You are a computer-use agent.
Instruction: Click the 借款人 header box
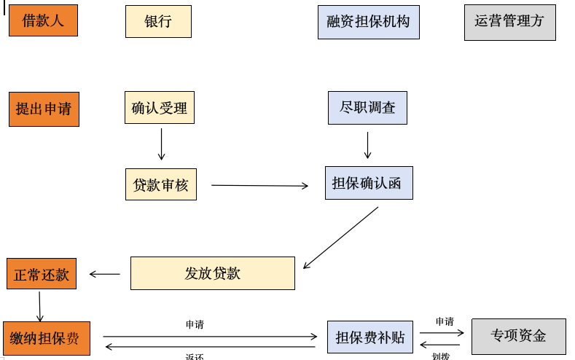43,20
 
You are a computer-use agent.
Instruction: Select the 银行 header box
158,22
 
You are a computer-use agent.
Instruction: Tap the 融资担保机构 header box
368,22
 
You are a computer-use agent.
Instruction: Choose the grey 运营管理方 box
509,22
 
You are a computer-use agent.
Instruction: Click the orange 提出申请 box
44,109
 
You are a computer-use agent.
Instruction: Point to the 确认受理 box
160,108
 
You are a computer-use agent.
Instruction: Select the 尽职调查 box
367,108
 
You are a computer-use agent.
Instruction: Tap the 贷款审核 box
160,184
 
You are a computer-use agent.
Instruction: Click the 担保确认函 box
368,183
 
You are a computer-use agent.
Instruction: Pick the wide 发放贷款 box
212,273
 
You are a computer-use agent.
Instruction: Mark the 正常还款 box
42,274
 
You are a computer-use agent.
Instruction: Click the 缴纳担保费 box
46,338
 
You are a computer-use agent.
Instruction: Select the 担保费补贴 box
369,337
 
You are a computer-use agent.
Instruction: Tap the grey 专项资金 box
518,336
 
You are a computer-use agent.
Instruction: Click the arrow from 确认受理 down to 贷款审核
161,144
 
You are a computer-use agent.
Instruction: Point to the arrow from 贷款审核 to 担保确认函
259,186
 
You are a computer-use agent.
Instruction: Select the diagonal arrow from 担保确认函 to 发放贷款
340,238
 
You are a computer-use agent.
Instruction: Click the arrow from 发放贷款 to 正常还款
104,275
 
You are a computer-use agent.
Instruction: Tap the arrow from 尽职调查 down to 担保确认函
367,145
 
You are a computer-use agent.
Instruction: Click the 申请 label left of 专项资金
445,321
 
